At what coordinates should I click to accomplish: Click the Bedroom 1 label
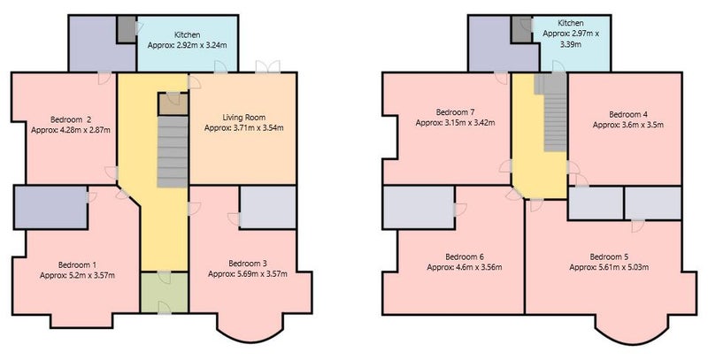click(77, 264)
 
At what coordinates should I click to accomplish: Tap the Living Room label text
click(244, 118)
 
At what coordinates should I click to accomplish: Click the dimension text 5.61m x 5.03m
click(621, 267)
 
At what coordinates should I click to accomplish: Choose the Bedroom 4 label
click(627, 115)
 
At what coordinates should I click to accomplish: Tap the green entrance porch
click(164, 292)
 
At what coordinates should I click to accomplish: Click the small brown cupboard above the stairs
click(173, 104)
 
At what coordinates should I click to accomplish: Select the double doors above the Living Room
click(267, 66)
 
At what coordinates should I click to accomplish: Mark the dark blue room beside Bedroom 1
click(50, 207)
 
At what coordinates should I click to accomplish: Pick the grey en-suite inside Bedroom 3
click(268, 207)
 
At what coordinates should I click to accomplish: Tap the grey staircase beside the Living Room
click(173, 151)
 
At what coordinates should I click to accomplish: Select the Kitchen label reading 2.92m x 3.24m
click(187, 40)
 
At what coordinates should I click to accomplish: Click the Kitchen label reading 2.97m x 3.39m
click(571, 34)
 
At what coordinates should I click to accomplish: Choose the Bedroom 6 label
click(465, 257)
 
